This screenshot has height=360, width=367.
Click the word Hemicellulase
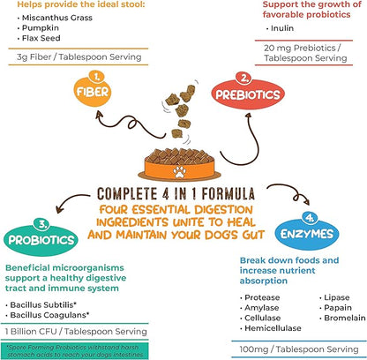(273, 328)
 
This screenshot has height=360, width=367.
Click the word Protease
(266, 287)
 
